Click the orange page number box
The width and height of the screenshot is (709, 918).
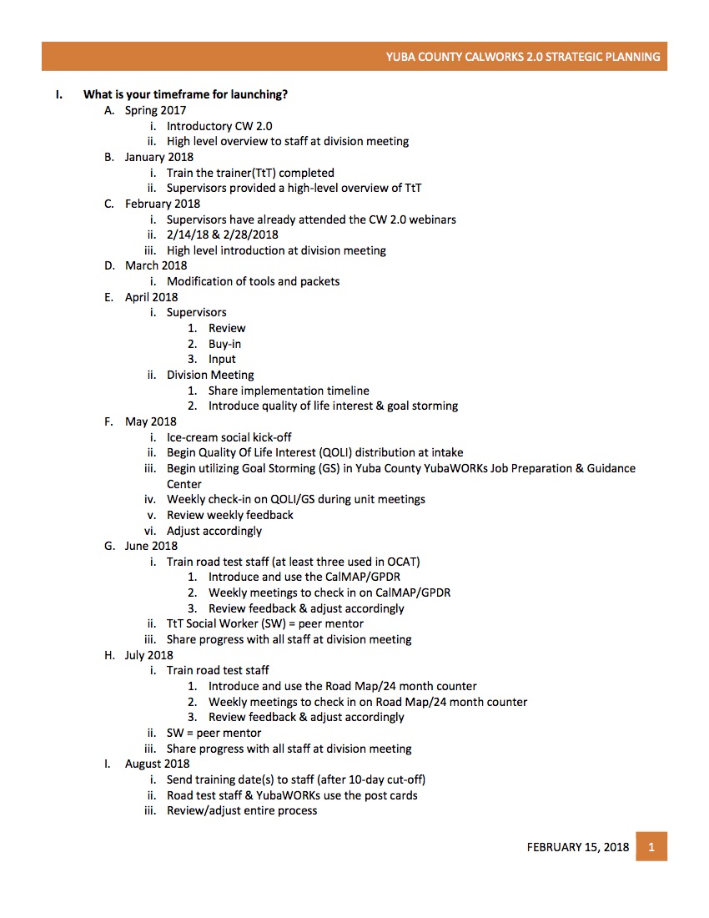tap(651, 846)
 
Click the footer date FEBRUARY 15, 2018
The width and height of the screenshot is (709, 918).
tap(577, 847)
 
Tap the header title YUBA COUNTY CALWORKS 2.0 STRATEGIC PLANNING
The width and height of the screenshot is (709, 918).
tap(523, 57)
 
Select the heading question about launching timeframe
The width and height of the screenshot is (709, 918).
tap(185, 94)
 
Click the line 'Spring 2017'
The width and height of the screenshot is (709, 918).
tap(155, 110)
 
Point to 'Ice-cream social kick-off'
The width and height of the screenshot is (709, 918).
tap(229, 437)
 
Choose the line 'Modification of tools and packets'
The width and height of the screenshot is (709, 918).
tap(253, 281)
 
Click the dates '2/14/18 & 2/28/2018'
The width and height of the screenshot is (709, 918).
tap(222, 235)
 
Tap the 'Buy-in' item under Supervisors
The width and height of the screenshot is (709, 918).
tap(224, 344)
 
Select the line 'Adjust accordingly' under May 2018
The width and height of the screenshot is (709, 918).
tap(214, 531)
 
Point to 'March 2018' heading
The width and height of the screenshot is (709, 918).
tap(156, 265)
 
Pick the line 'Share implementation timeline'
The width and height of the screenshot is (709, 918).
tap(289, 391)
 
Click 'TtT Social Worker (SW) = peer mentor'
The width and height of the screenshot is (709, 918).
tap(264, 623)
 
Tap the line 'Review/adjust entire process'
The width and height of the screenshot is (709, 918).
tap(241, 810)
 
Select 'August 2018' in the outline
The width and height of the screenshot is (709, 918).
tap(157, 764)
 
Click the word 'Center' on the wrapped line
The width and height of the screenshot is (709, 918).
tap(184, 484)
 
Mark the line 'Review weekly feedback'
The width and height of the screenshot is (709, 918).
tap(229, 515)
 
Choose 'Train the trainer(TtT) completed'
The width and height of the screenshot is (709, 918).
tap(250, 173)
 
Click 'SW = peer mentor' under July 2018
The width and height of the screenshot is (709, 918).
tap(214, 733)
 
